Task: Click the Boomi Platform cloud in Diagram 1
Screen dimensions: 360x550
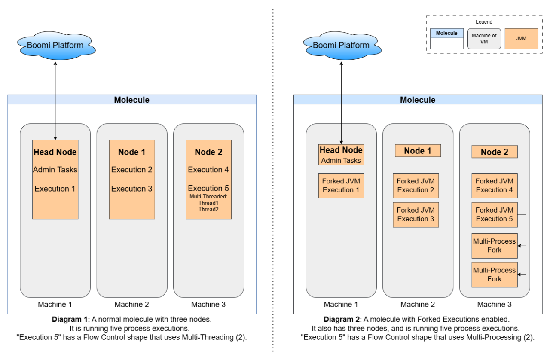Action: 55,45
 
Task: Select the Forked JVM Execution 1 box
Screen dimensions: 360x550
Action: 341,186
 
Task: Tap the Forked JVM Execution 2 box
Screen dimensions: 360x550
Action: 416,186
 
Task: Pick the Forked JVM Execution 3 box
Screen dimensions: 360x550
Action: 416,214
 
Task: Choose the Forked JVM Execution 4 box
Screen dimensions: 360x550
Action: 494,186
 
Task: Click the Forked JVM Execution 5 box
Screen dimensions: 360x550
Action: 494,214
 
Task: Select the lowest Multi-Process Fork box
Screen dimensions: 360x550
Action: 494,275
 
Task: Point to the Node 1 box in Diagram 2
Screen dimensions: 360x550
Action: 418,151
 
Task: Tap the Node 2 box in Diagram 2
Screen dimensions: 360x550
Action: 494,152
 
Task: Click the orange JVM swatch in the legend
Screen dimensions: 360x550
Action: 521,39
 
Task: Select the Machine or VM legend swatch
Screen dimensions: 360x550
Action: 484,39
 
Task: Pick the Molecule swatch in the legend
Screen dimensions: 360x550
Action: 447,39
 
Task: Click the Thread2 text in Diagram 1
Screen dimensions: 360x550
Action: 208,209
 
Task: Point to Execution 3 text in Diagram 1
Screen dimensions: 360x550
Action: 131,189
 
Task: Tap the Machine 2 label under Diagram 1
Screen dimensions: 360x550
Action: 131,305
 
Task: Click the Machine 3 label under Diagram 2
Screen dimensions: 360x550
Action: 494,305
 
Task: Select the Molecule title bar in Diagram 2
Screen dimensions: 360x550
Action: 418,100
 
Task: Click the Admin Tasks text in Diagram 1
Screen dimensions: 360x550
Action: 55,170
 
